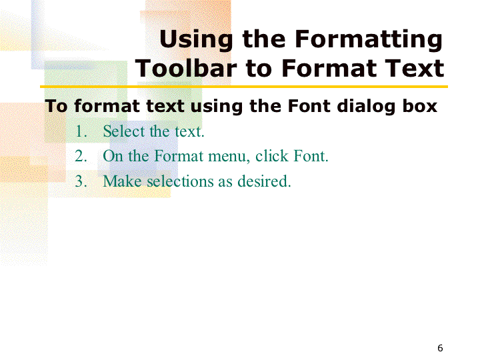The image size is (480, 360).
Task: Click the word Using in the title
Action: point(196,40)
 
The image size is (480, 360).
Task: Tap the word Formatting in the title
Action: point(369,40)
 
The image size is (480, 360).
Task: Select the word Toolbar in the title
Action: point(186,68)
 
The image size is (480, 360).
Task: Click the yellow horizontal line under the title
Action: point(244,87)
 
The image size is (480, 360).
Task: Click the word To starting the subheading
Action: point(56,106)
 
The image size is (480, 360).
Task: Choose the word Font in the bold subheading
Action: point(309,106)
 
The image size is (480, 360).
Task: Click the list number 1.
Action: point(81,131)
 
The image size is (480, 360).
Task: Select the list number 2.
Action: point(81,156)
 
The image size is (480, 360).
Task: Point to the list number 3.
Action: point(81,181)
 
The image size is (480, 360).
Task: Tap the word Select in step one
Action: point(124,131)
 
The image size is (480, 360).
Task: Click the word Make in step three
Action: point(122,181)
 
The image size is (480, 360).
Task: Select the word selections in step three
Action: point(181,181)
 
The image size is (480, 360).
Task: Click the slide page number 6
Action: point(440,348)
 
